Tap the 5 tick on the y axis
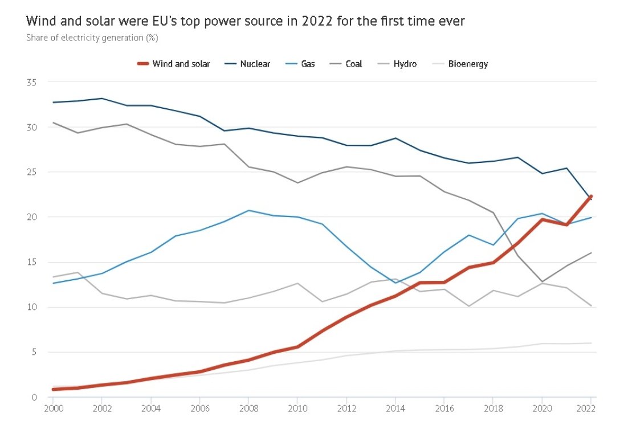tap(34, 352)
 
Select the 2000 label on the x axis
tap(53, 409)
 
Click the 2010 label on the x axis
tap(297, 409)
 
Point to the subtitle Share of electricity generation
tap(91, 38)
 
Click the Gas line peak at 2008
tap(248, 210)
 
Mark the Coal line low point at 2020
tap(541, 281)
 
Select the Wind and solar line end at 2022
tap(590, 197)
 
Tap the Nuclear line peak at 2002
tap(102, 99)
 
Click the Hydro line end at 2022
tap(590, 306)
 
